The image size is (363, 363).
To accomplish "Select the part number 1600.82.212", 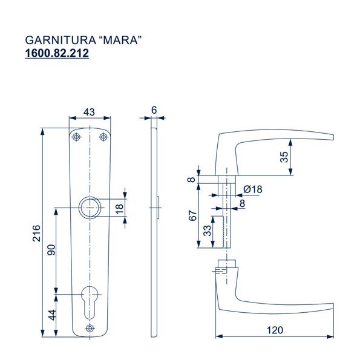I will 57,54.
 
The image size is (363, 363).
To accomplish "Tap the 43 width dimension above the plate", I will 89,111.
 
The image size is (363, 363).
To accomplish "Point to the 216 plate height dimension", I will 36,234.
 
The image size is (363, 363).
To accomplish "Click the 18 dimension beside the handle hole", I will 119,208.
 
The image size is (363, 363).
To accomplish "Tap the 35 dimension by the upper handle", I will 301,157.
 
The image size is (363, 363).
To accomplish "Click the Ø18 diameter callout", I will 253,189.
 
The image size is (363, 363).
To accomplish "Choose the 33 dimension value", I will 207,231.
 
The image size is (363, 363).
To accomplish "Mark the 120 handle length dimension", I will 275,330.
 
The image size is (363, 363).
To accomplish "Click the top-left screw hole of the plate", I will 76,138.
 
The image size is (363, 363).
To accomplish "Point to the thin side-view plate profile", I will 154,230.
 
